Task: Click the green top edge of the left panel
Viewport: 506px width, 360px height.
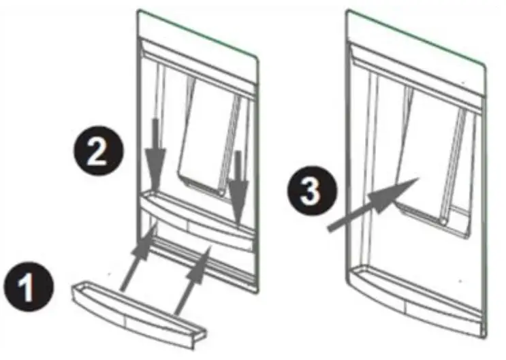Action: pyautogui.click(x=197, y=32)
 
